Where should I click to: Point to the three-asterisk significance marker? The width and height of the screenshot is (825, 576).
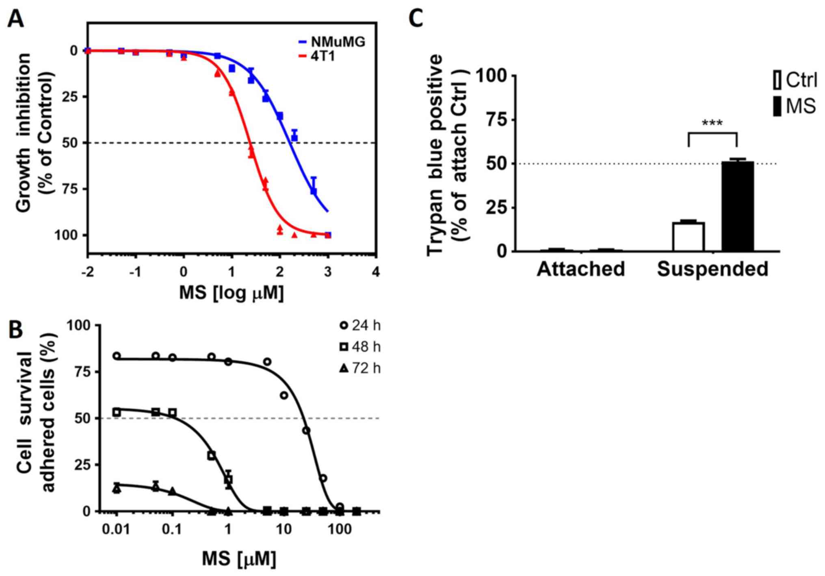point(712,123)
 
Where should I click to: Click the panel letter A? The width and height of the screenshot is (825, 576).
point(16,19)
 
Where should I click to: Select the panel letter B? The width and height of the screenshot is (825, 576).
point(16,330)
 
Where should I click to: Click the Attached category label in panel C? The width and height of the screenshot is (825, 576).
point(581,269)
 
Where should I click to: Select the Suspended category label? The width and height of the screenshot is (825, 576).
point(712,269)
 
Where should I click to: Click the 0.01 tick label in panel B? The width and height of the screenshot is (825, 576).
point(117,530)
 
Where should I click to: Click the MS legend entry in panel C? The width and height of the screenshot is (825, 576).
point(794,107)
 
